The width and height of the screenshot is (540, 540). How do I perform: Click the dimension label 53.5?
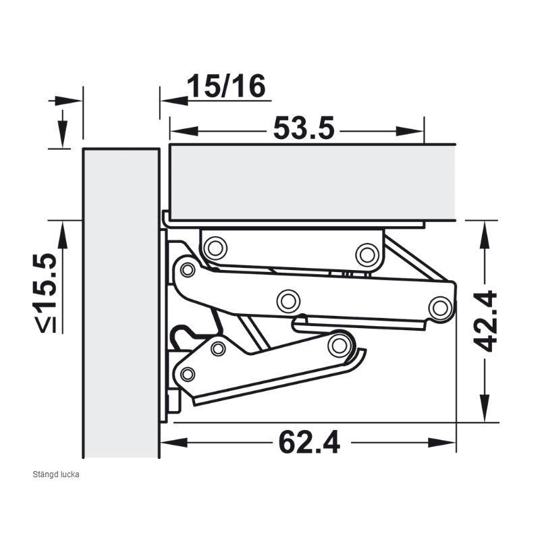pos(304,128)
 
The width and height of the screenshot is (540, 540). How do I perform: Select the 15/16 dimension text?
pos(226,86)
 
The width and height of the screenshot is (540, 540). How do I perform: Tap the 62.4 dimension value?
pos(309,442)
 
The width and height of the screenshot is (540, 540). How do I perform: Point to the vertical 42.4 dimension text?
pos(485,321)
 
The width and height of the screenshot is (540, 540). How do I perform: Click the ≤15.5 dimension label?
pos(45,294)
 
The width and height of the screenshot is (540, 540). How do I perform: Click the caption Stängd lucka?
pos(56,475)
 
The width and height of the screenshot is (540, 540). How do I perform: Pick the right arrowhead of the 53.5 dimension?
pos(410,131)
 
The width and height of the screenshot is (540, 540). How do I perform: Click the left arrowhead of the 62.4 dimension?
pos(174,443)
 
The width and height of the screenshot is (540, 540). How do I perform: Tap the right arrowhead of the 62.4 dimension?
pos(442,443)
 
